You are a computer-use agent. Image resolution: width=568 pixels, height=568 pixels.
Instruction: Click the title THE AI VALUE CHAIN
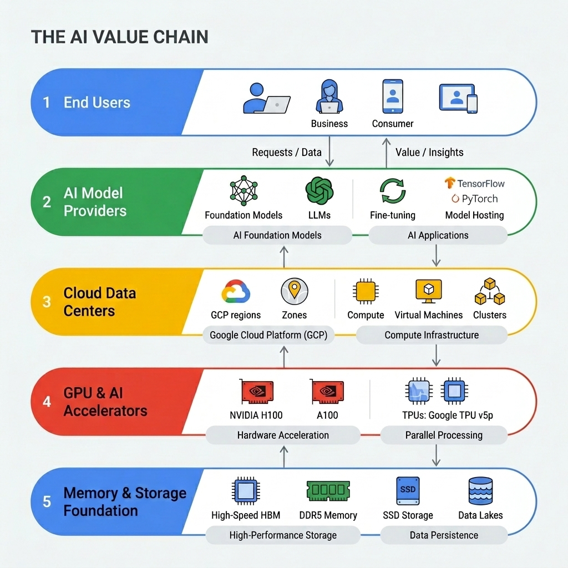120,37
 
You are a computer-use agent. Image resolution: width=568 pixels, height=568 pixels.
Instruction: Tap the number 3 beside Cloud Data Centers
47,302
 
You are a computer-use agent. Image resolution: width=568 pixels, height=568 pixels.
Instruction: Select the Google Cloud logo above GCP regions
236,291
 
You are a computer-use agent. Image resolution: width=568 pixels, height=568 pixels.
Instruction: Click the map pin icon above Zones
294,291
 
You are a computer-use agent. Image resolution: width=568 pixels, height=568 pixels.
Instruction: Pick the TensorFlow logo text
475,183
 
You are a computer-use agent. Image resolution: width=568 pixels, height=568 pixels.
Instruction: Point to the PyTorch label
475,199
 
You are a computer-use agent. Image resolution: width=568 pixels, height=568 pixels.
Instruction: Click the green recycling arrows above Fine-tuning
393,191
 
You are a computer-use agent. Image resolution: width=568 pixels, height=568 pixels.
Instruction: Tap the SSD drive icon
408,490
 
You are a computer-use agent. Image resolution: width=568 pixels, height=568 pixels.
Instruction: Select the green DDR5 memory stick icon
328,491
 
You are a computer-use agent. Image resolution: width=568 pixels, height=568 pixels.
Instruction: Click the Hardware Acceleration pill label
283,435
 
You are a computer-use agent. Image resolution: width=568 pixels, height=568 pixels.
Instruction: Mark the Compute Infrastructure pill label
432,335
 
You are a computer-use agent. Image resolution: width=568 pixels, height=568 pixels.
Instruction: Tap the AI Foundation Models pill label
277,235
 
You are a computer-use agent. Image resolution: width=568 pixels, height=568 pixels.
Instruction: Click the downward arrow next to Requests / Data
329,153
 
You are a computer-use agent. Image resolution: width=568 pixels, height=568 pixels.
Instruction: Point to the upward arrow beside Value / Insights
387,153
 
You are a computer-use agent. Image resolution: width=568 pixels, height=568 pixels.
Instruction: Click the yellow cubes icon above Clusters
489,292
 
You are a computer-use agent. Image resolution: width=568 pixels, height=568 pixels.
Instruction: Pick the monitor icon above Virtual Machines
428,291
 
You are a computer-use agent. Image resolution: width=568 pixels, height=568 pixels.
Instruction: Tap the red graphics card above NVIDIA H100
257,392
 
